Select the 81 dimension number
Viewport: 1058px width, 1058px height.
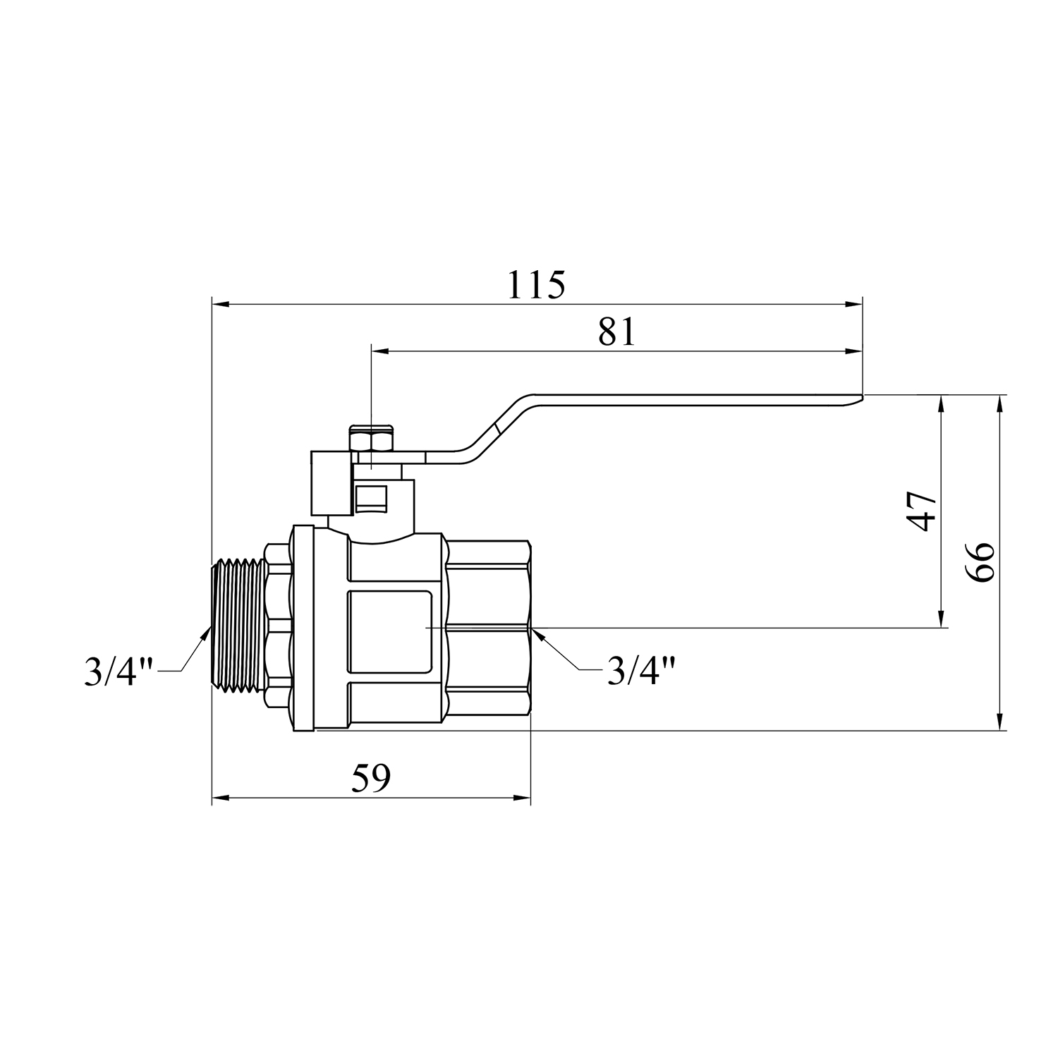pyautogui.click(x=616, y=332)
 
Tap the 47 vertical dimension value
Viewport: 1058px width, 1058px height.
pyautogui.click(x=922, y=511)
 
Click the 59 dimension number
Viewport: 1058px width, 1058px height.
pyautogui.click(x=371, y=779)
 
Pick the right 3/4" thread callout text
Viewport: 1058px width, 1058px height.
pyautogui.click(x=641, y=670)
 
